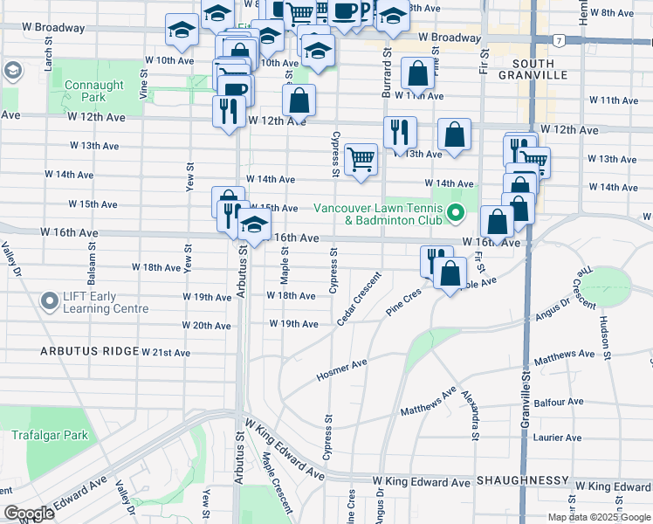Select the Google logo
click(29, 514)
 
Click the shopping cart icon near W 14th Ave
click(361, 160)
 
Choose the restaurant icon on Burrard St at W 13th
click(400, 133)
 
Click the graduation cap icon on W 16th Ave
click(254, 225)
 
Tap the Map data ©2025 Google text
click(598, 517)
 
